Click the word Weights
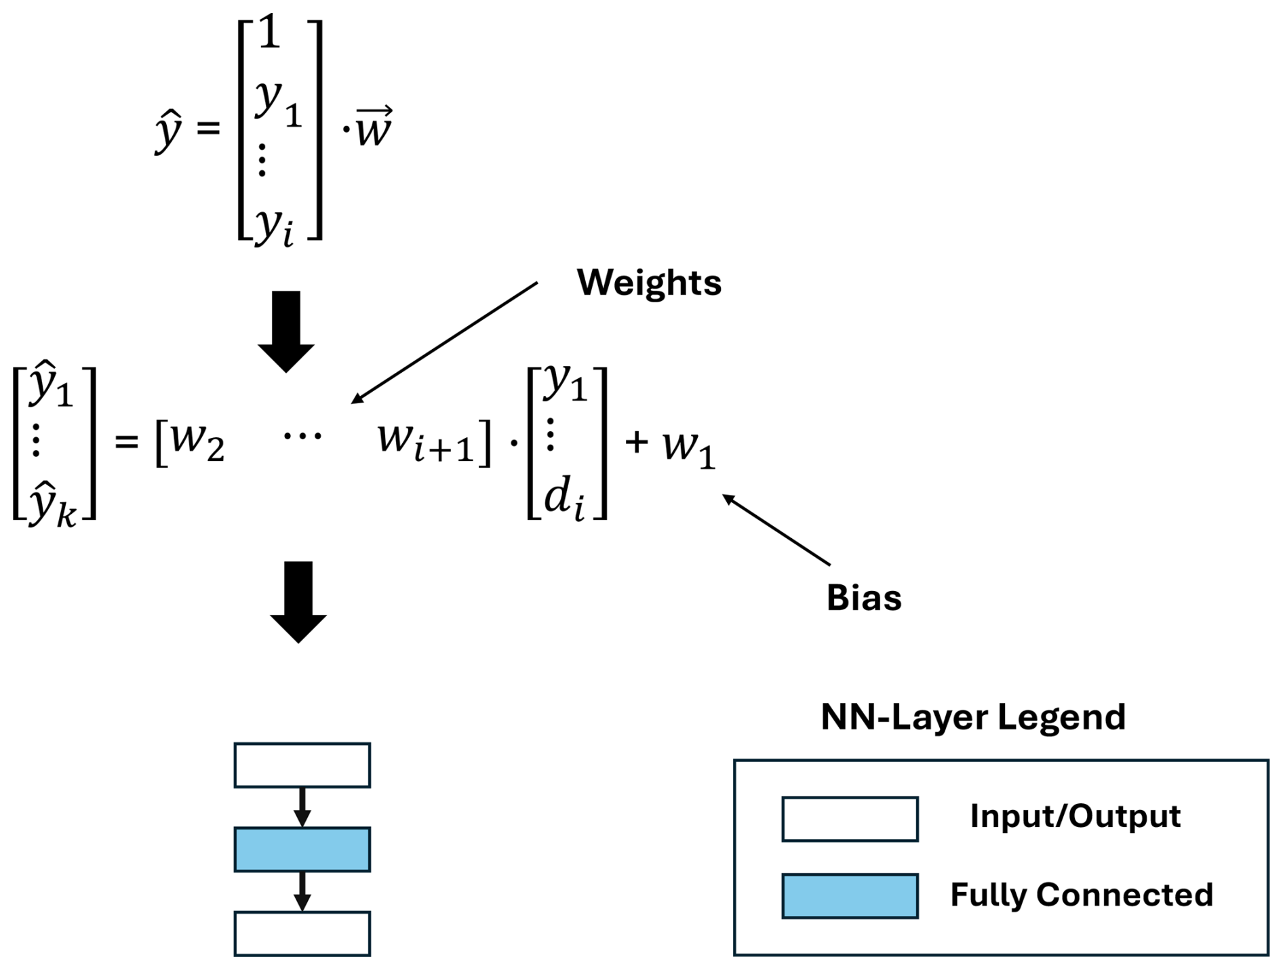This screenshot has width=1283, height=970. pos(648,283)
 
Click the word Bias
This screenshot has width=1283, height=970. pos(863,599)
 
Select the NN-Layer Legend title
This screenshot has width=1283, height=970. pos(972,717)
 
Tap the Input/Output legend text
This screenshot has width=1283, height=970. pos(1075,816)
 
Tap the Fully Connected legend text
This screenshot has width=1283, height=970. pos(1081,895)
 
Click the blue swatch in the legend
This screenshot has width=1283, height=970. pos(850,896)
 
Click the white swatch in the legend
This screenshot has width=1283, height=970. pos(850,819)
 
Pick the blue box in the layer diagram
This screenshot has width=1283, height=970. pos(302,849)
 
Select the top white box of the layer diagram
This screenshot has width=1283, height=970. pos(302,765)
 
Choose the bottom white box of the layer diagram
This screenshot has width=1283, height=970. pos(302,933)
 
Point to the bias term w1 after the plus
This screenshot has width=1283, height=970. pos(688,447)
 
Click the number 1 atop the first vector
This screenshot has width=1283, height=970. pos(270,34)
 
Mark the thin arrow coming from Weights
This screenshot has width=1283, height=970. pos(444,342)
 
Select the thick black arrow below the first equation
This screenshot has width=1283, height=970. pos(286,331)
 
